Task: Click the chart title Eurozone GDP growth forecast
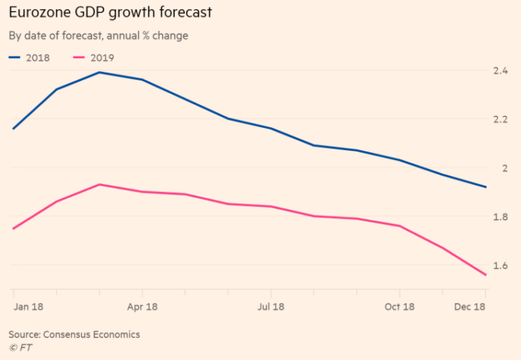111,13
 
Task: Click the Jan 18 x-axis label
28,306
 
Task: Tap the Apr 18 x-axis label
143,306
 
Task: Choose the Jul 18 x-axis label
271,306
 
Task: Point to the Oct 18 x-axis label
398,306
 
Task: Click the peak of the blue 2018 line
100,72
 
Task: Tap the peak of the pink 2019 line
100,184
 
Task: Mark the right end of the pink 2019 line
486,275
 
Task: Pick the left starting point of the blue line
13,129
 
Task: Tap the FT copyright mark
21,348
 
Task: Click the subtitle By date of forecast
54,35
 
